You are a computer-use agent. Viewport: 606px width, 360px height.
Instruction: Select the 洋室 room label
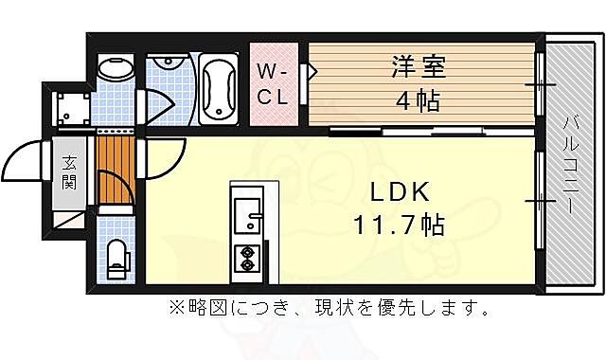coord(418,68)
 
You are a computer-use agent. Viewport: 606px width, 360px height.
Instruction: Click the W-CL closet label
coord(274,83)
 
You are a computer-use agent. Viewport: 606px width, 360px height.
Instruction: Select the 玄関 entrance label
coord(70,172)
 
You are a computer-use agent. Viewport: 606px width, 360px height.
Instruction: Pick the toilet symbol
coord(117,257)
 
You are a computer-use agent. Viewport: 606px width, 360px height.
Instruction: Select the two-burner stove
coord(247,258)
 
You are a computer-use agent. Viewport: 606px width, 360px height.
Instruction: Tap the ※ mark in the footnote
coord(176,308)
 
